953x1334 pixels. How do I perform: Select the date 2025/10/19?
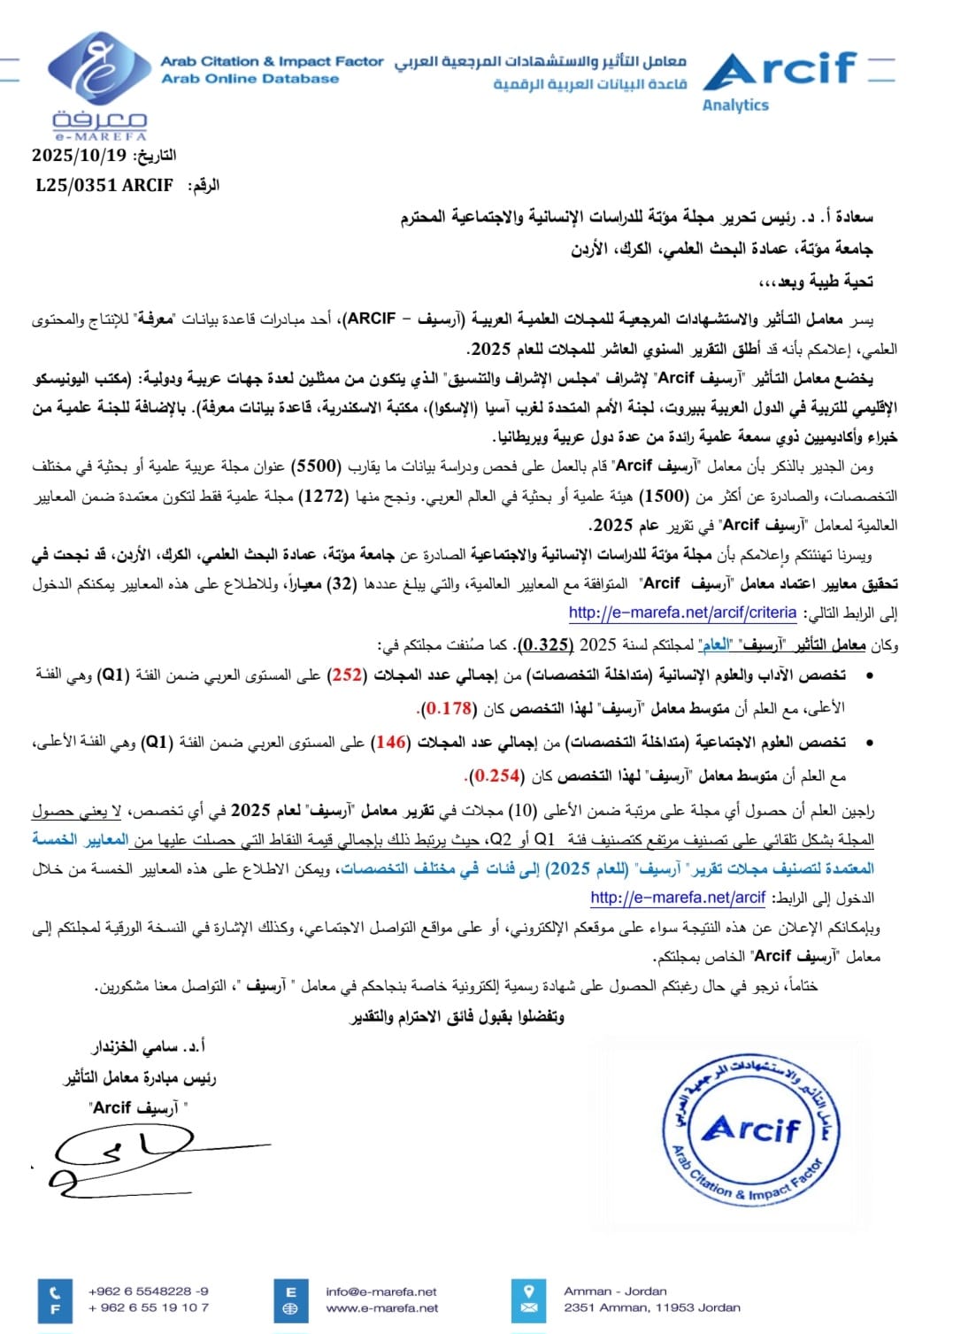tap(80, 155)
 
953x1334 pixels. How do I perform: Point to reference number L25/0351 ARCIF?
tap(104, 185)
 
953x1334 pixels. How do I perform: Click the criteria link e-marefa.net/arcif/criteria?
tap(682, 613)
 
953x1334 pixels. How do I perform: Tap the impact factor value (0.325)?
tap(546, 644)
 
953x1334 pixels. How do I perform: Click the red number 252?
tap(346, 675)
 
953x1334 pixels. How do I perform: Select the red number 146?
tap(391, 742)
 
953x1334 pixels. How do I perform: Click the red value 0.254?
tap(496, 775)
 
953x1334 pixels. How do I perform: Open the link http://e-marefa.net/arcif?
tap(678, 898)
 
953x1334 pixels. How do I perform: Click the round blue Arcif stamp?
tap(751, 1130)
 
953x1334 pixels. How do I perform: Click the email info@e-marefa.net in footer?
tap(381, 1292)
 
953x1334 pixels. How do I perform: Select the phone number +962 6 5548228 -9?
tap(149, 1292)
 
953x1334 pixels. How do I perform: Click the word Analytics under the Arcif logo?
tap(735, 105)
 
